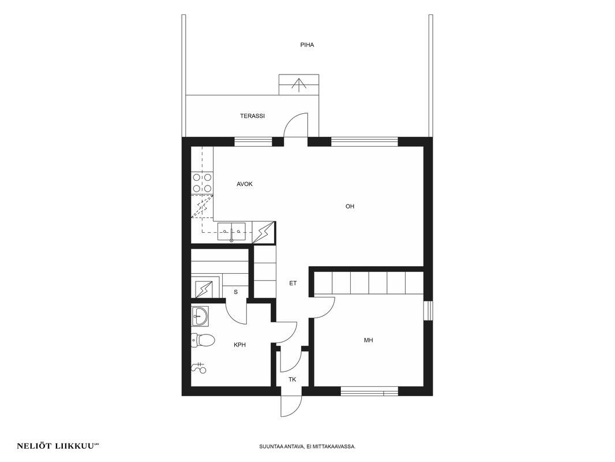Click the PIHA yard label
(x=307, y=44)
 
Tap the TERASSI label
(x=252, y=116)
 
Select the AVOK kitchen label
(x=245, y=184)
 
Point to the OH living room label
(x=350, y=206)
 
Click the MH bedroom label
(x=368, y=340)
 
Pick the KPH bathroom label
(x=239, y=345)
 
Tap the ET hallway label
(x=293, y=283)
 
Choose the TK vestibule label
(x=292, y=379)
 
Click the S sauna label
(x=236, y=292)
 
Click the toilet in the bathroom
(x=202, y=340)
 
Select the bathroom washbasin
(x=200, y=316)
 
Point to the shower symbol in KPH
(x=199, y=367)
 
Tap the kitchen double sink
(x=231, y=232)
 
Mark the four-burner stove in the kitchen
(x=202, y=183)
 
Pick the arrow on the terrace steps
(x=299, y=85)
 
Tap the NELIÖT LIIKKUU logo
(x=57, y=446)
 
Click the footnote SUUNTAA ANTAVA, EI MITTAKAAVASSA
(x=307, y=446)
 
